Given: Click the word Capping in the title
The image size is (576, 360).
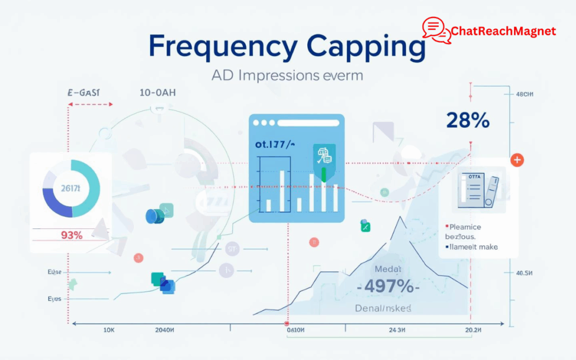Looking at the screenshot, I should pos(364,48).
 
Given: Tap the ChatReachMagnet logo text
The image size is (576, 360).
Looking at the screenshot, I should pos(503,31).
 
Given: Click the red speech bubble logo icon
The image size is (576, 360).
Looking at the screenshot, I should pos(436,30).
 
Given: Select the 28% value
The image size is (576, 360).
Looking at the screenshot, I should pos(467,120).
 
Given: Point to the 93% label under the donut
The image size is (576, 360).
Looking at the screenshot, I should pos(71,235).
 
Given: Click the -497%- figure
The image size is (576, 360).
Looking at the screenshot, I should pos(388,286).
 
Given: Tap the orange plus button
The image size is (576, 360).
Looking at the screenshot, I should pos(517,160).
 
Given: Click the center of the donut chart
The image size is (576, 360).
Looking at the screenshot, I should pos(71,188).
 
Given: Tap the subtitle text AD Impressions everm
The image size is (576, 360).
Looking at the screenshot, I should pos(287,75).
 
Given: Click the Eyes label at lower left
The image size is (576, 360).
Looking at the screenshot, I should pos(55,299).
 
